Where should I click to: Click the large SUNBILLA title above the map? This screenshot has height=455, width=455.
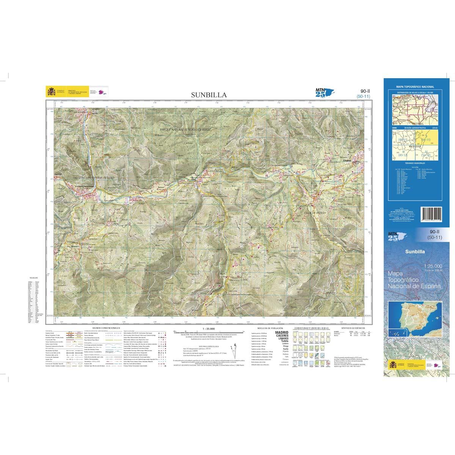click(x=209, y=95)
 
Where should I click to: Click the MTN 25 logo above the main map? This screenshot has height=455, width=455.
click(x=321, y=93)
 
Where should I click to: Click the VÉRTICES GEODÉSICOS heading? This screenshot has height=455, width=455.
click(x=353, y=327)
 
